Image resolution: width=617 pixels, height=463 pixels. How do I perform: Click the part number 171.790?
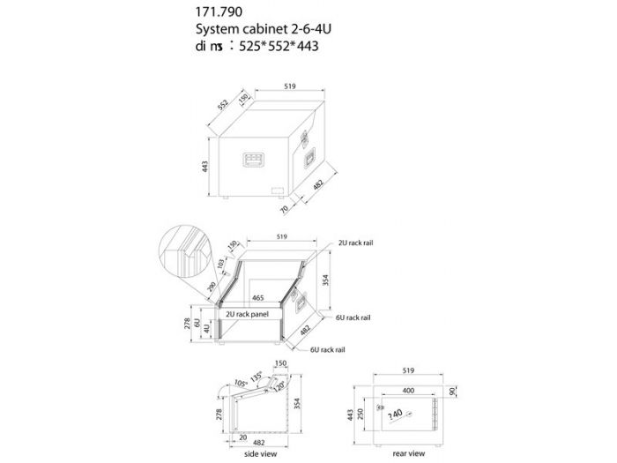tap(218, 14)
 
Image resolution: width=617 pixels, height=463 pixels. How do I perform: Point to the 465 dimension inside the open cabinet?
tap(259, 299)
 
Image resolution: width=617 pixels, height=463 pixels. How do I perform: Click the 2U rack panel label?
tap(247, 313)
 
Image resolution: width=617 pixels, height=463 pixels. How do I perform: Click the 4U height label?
tap(208, 329)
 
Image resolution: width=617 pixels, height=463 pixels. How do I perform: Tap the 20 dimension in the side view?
tap(241, 436)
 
